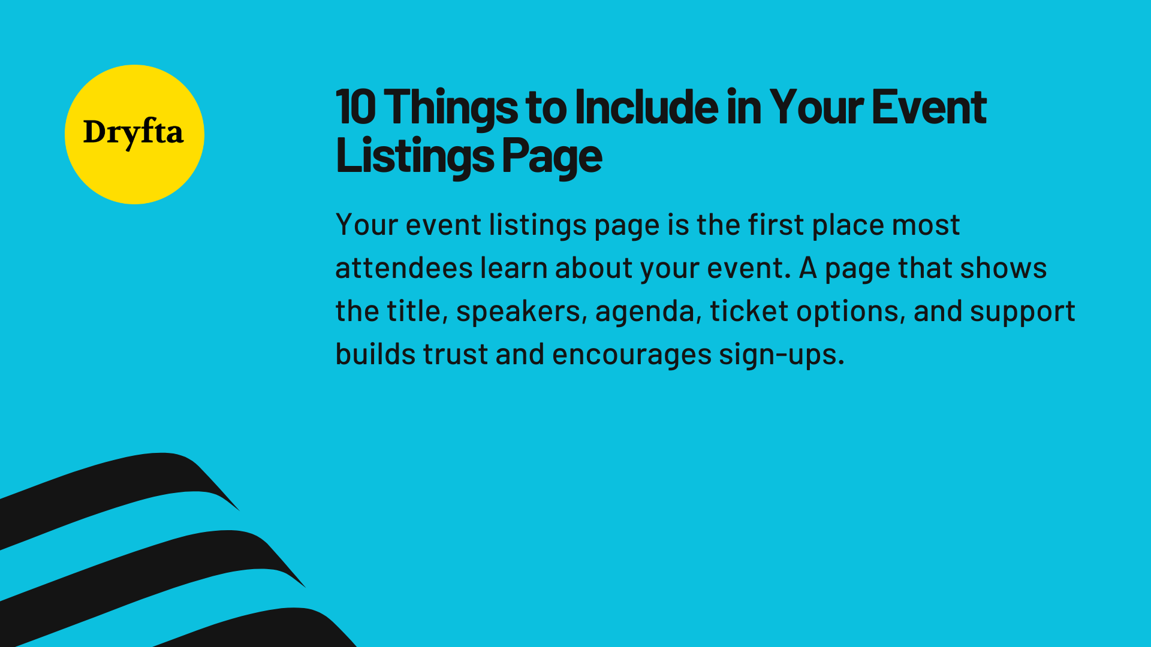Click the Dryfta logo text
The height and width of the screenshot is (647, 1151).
pyautogui.click(x=133, y=132)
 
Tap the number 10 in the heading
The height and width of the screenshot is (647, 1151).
pyautogui.click(x=355, y=108)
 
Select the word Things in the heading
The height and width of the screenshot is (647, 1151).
pyautogui.click(x=450, y=108)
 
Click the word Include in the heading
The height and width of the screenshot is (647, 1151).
pyautogui.click(x=646, y=108)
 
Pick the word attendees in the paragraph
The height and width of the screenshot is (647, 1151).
pyautogui.click(x=403, y=268)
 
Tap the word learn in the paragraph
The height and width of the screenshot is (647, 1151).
pyautogui.click(x=513, y=268)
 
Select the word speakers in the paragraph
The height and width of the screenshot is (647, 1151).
pyautogui.click(x=518, y=311)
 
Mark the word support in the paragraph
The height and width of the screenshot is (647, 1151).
pyautogui.click(x=1022, y=312)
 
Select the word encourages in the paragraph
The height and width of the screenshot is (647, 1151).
pyautogui.click(x=632, y=355)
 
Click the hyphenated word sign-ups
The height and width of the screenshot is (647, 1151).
pyautogui.click(x=781, y=355)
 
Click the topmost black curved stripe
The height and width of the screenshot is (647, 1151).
pyautogui.click(x=120, y=485)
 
